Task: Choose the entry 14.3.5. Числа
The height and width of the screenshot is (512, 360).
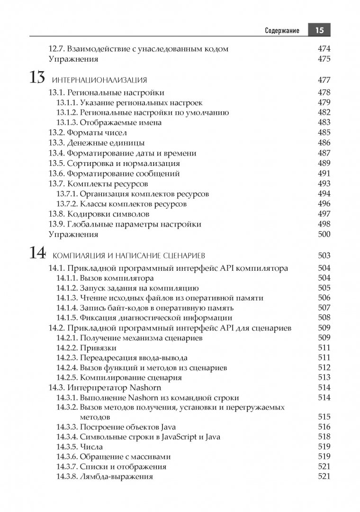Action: pyautogui.click(x=80, y=447)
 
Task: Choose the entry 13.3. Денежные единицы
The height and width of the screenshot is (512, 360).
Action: pyautogui.click(x=97, y=143)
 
